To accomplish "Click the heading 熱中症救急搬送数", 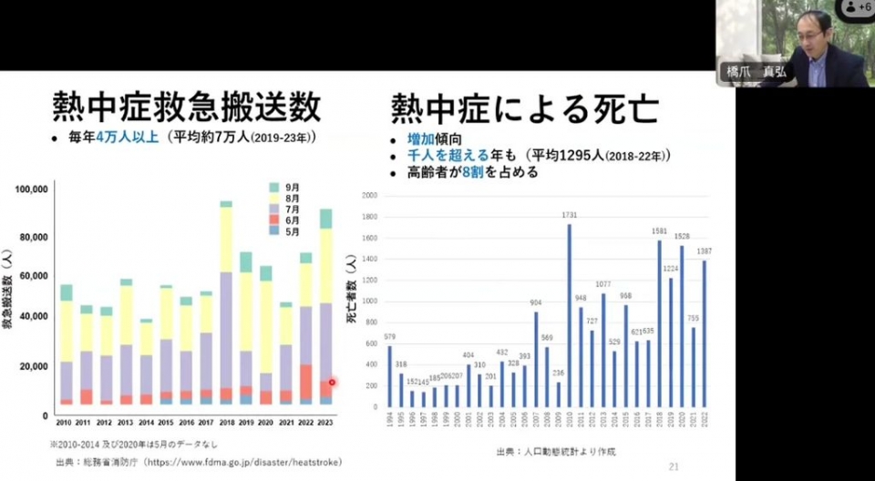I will click(186, 107).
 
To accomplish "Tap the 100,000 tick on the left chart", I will click(31, 189).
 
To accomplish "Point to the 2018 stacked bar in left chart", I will click(226, 301).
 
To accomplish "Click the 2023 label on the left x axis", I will click(324, 423).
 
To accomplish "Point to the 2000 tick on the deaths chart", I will click(369, 196).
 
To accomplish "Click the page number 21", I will click(674, 466).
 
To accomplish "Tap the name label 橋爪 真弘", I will click(756, 70).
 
